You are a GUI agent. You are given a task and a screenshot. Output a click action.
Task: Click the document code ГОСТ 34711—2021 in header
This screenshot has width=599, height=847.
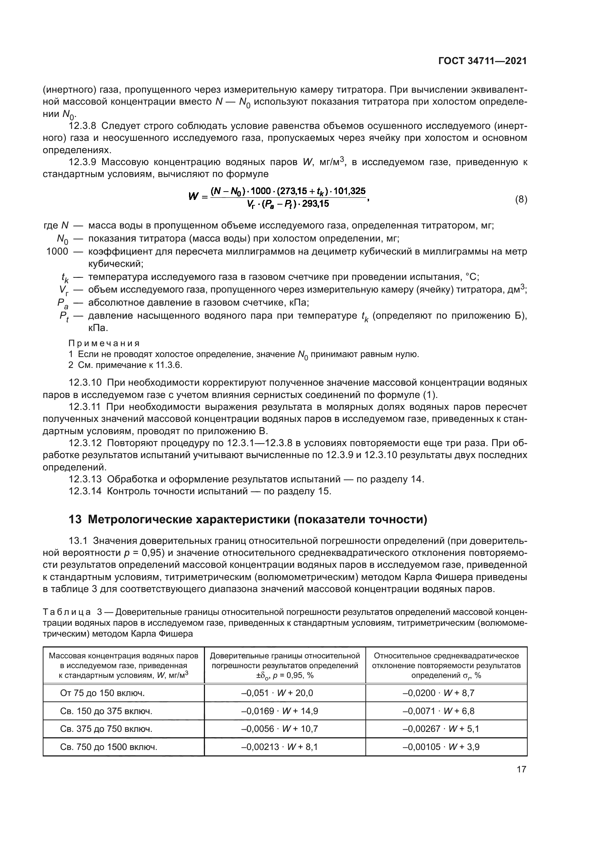point(482,61)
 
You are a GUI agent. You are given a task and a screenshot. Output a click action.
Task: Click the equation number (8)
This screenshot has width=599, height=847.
point(521,200)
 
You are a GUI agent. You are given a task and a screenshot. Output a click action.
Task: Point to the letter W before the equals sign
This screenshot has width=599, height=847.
point(194,197)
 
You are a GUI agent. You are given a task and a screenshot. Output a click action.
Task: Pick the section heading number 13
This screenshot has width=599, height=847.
point(75,519)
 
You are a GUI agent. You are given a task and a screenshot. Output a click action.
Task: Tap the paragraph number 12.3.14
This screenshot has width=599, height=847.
point(85,491)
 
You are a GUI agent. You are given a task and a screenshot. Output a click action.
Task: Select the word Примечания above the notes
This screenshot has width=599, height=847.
point(104,343)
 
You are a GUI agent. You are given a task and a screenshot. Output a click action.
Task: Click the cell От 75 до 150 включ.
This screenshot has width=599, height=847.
point(102,693)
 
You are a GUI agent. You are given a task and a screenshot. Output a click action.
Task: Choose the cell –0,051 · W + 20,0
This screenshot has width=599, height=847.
point(277,693)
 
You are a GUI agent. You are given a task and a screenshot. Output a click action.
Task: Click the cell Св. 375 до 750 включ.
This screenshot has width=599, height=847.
point(106,729)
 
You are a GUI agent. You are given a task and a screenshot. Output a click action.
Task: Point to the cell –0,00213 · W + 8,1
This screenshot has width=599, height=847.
point(279,747)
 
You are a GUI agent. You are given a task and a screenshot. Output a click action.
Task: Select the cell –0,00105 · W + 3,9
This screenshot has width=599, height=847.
point(441,747)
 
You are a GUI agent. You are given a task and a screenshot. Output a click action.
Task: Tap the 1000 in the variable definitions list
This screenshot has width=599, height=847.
point(57,252)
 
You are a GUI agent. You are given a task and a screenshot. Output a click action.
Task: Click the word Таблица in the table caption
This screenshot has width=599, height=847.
point(67,612)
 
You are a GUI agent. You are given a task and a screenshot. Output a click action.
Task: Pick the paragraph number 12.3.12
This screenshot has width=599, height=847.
point(85,443)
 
